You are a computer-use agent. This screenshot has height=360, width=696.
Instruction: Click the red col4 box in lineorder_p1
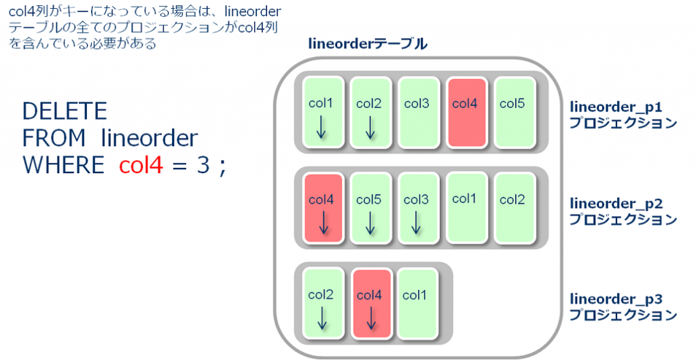[466, 112]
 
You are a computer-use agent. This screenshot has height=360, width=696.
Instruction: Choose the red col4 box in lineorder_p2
[323, 208]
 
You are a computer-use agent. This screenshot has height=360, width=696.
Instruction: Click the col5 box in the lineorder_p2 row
[370, 208]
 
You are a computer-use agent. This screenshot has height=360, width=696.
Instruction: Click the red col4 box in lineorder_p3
[371, 303]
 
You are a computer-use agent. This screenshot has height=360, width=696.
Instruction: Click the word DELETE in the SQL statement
[65, 111]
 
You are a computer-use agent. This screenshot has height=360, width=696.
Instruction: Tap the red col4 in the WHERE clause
[141, 165]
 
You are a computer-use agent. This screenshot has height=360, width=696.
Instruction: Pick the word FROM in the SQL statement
[54, 139]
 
